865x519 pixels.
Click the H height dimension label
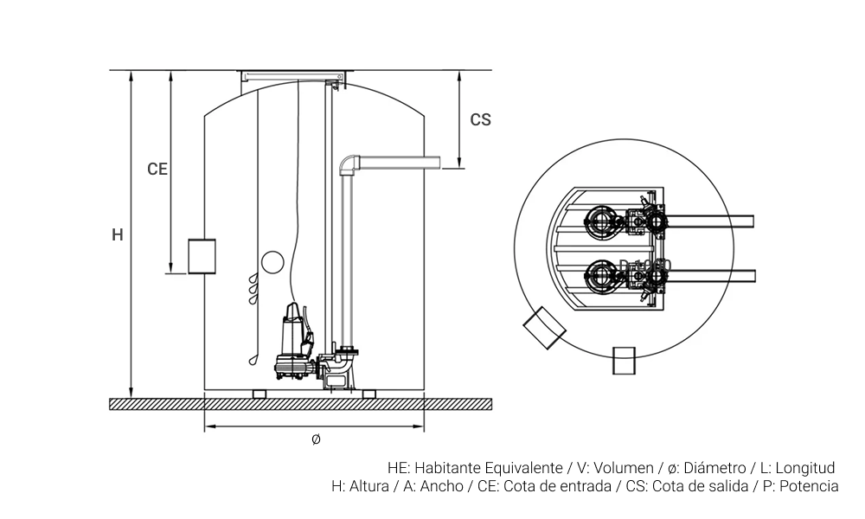118,234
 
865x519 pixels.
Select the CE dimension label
157,170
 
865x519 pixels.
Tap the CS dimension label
480,120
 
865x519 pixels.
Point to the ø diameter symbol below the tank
316,439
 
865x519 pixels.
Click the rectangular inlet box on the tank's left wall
202,256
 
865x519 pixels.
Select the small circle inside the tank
272,261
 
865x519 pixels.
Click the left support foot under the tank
259,394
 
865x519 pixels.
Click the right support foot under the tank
369,394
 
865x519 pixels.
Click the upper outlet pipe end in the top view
751,221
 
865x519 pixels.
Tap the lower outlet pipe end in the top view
751,276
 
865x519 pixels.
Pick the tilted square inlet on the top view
544,327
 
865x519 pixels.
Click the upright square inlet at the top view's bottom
625,361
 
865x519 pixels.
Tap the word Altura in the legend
370,486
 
